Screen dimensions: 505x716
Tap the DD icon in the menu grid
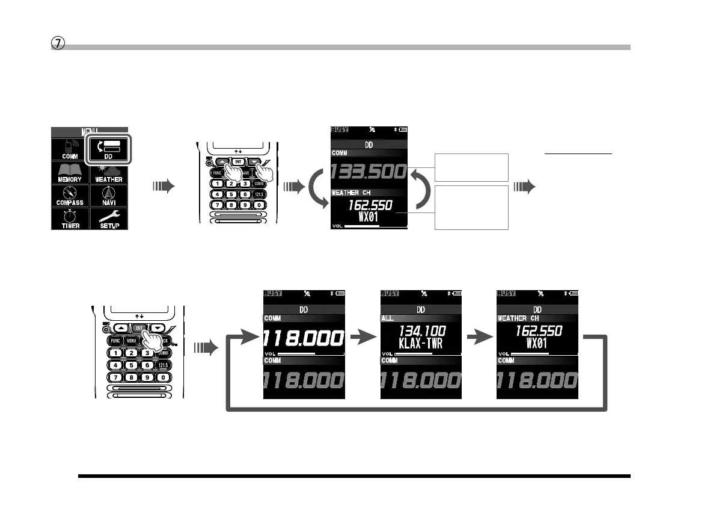(109, 147)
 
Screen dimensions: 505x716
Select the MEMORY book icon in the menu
(70, 171)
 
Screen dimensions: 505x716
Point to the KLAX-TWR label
(420, 344)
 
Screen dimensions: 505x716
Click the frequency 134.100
(420, 331)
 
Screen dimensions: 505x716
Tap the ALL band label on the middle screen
(388, 318)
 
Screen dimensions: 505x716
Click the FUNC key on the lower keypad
(116, 340)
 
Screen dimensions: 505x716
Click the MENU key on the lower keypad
(132, 340)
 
